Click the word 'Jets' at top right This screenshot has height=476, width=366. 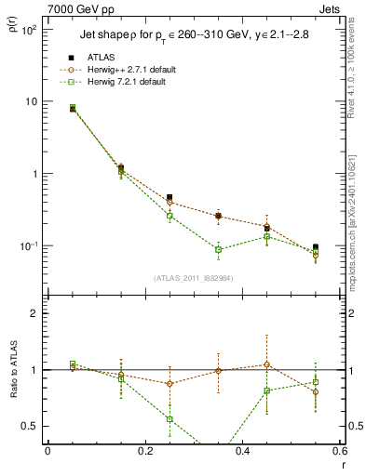[332, 8]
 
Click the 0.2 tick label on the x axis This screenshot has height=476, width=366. [144, 451]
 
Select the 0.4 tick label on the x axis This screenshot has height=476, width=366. [242, 451]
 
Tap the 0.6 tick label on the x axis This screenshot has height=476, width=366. [339, 451]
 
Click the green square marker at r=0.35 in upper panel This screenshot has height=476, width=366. [218, 249]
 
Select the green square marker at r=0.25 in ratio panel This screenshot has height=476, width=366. [169, 419]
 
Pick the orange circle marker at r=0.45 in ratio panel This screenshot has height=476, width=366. [266, 364]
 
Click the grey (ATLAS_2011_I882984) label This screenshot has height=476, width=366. [193, 278]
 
